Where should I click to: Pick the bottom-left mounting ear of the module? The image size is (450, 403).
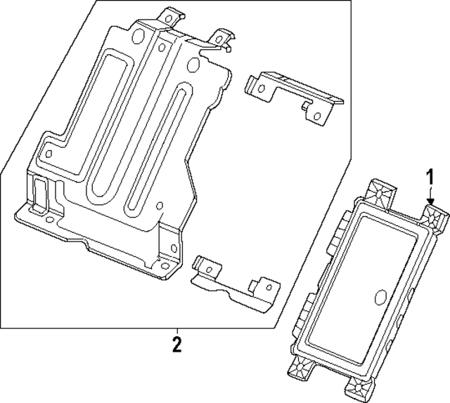[301, 366]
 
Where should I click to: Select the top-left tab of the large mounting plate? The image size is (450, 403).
[172, 15]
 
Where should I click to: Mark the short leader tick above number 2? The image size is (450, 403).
[176, 331]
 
